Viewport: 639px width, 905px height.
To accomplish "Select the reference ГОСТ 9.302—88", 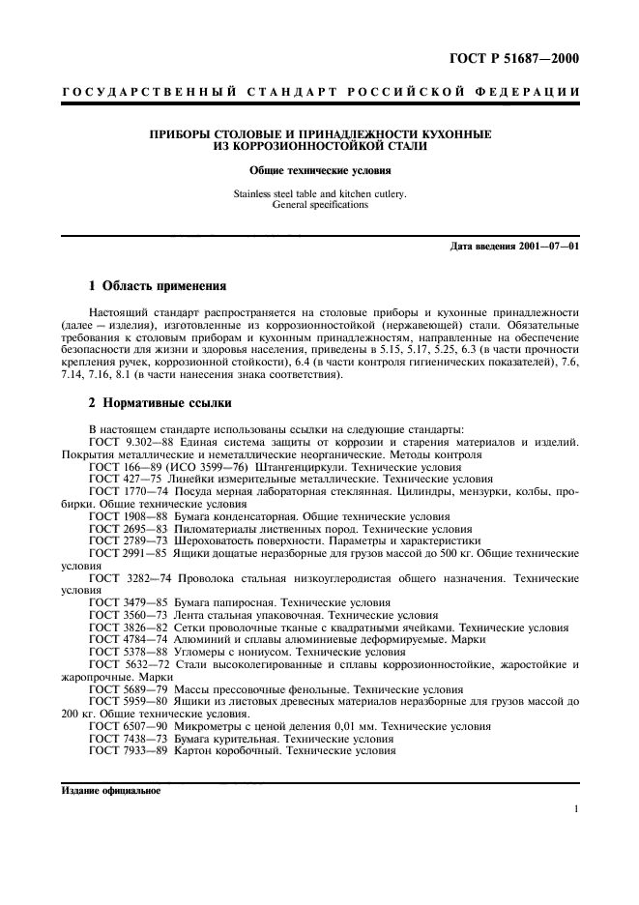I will [x=129, y=441].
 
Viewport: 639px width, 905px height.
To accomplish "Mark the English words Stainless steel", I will [x=266, y=193].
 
